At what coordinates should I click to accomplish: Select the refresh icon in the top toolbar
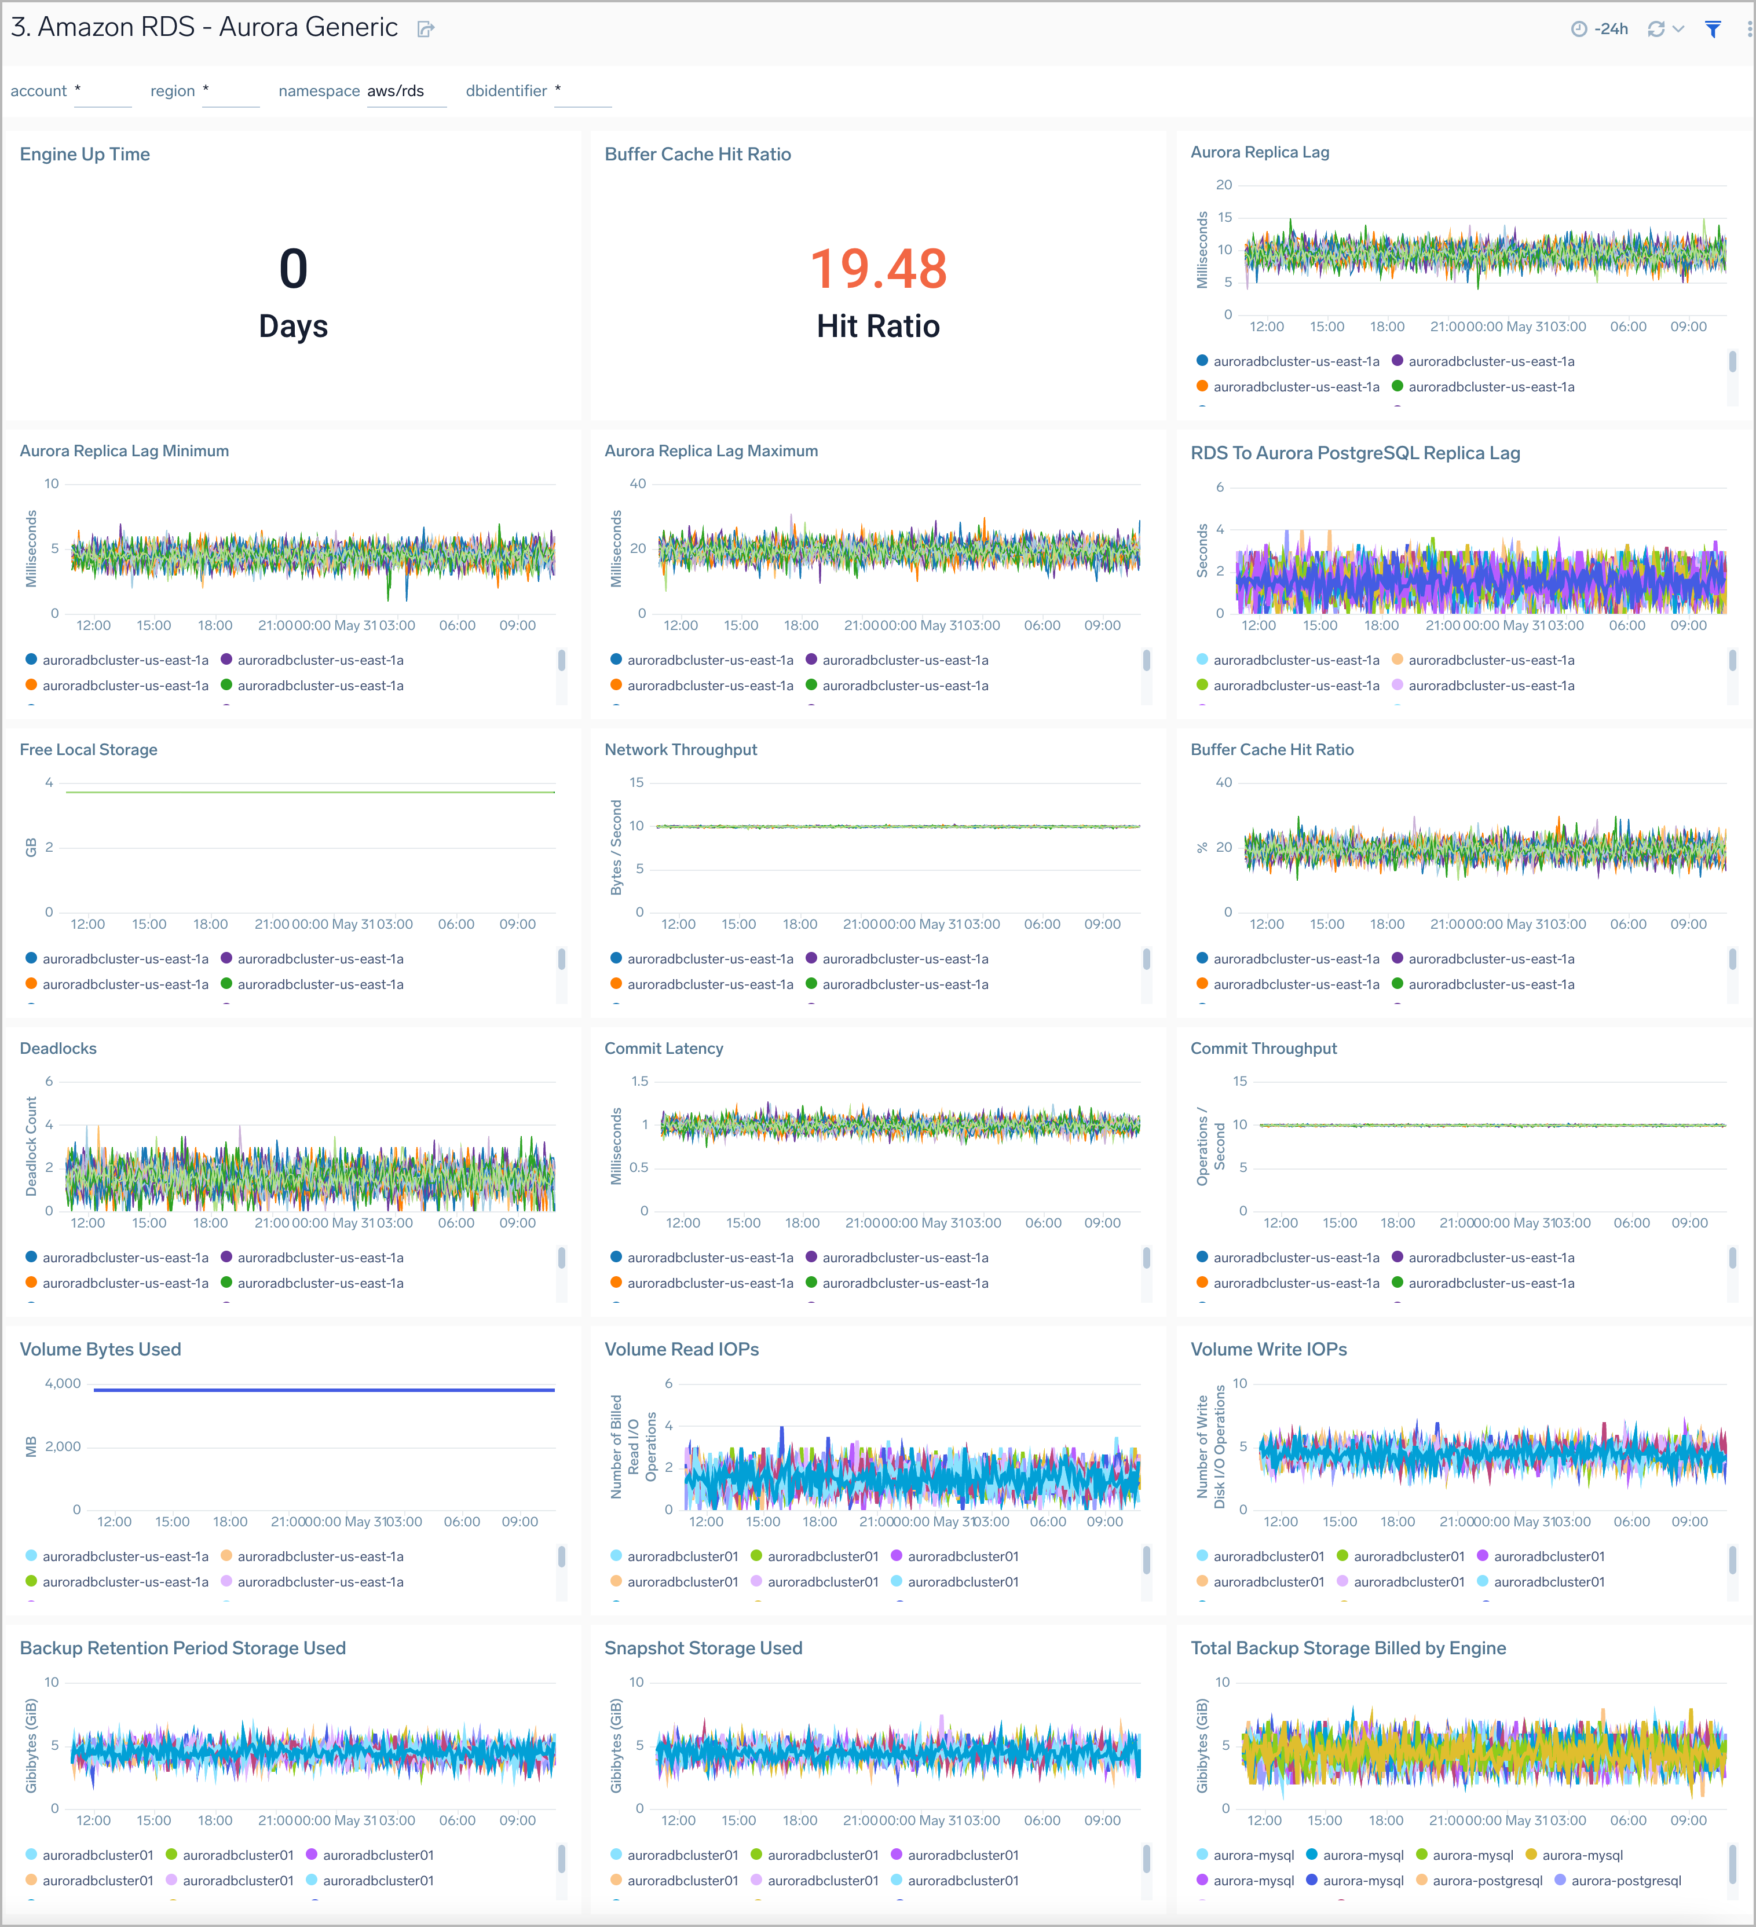click(x=1656, y=30)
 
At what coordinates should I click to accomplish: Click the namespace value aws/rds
click(x=396, y=91)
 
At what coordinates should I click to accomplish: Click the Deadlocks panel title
click(x=58, y=1049)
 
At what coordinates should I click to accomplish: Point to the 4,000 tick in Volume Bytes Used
click(x=63, y=1383)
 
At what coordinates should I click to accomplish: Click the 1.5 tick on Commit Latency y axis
click(x=639, y=1081)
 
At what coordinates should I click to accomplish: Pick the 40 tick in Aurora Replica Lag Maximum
click(x=638, y=483)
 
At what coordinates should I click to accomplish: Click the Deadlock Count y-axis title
click(x=31, y=1146)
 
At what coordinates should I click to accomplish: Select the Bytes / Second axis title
click(x=617, y=847)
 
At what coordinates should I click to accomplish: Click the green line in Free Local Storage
click(x=310, y=793)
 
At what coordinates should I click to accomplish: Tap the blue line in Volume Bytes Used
click(x=324, y=1390)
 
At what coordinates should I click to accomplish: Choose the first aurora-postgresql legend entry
click(x=1487, y=1880)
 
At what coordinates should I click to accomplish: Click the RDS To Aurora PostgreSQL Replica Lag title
click(x=1355, y=453)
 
